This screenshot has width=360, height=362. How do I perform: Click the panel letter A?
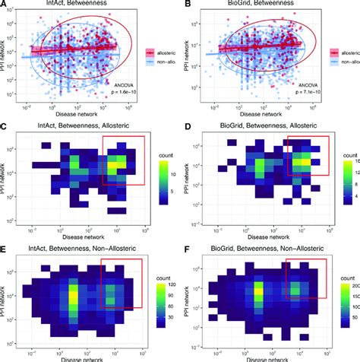6,7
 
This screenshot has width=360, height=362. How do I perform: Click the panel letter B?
185,7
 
